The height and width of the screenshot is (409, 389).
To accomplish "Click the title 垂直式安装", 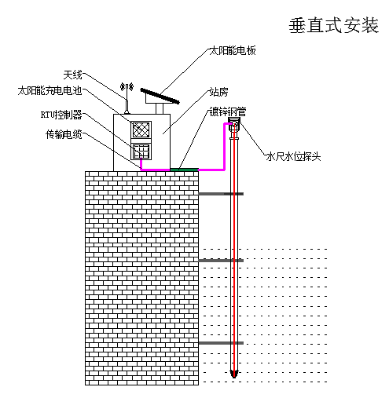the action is coord(334,26).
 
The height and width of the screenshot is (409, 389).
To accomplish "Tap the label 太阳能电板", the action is coord(233,50).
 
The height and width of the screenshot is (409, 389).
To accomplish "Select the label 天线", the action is coord(72,75).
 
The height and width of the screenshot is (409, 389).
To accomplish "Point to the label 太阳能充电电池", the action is coord(50,91).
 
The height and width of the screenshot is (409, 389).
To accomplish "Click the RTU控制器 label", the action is coord(61,115).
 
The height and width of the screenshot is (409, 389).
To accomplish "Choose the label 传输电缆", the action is coord(64,134).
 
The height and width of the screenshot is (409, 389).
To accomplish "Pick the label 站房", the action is coord(218,92).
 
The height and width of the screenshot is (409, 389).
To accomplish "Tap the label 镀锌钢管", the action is coord(228,111).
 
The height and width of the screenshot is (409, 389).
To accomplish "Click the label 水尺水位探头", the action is coord(293,156).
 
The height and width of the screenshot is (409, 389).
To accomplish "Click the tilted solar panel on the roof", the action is coord(160,96).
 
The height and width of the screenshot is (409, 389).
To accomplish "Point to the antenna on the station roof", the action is coord(127,98).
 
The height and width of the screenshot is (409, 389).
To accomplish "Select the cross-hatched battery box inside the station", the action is coord(141,130).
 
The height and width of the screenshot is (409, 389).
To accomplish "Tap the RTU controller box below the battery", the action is coord(141,152).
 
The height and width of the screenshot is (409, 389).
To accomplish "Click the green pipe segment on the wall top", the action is coord(184,170).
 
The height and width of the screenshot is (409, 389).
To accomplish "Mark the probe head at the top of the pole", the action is coord(234,125).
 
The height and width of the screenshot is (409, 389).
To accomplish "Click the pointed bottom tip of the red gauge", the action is coord(234,377).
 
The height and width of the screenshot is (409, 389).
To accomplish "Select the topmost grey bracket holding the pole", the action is coord(221,194).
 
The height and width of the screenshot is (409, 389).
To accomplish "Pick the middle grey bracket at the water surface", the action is coord(221,261).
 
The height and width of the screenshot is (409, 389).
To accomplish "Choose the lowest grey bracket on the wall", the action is coord(221,343).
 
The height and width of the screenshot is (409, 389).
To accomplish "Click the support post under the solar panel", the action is coord(160,109).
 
